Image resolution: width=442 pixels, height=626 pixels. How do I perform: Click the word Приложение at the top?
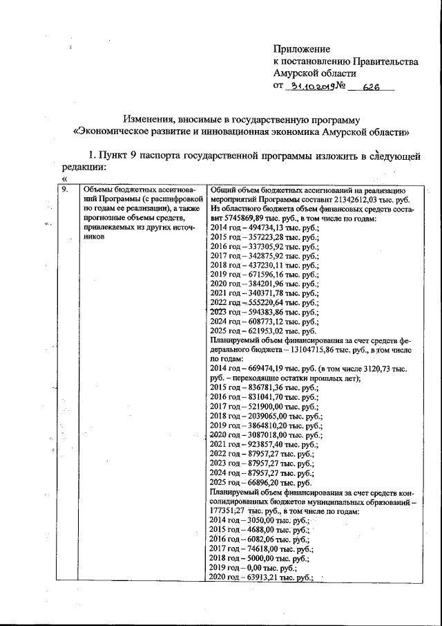302,49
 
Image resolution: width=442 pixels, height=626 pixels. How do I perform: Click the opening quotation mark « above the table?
64,179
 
